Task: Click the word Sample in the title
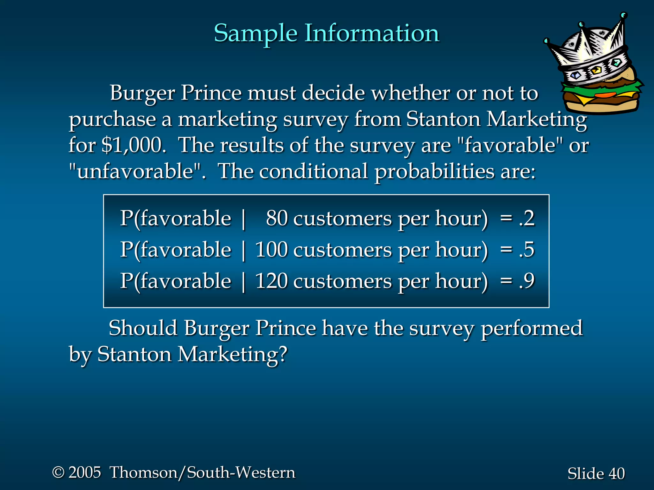point(255,33)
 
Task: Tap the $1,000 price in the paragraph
point(133,145)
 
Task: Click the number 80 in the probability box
point(277,219)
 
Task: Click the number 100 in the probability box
point(271,249)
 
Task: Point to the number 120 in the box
point(271,281)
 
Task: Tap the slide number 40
point(616,473)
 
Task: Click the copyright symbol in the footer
point(58,472)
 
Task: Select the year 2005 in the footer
point(85,472)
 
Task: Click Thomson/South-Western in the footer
point(202,472)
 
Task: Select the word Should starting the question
point(143,328)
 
